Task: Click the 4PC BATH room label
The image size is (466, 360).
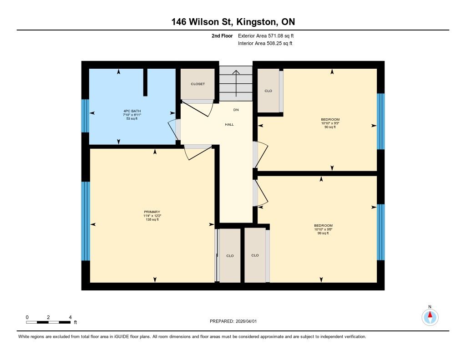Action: click(132, 111)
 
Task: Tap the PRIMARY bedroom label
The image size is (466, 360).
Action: click(152, 212)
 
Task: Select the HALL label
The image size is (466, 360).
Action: click(229, 125)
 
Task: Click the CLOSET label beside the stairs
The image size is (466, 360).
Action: click(198, 84)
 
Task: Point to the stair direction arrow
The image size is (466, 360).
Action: click(236, 84)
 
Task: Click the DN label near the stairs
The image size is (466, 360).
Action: click(236, 110)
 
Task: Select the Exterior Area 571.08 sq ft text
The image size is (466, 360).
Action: click(266, 36)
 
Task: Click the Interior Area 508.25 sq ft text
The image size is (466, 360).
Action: click(265, 43)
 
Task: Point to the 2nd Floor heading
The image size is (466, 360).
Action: click(222, 36)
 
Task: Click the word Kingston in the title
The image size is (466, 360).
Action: click(256, 22)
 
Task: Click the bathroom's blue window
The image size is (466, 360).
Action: click(85, 116)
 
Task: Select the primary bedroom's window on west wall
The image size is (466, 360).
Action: click(86, 221)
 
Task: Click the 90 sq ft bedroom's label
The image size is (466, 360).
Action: click(330, 120)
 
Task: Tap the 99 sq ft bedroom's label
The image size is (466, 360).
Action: click(323, 226)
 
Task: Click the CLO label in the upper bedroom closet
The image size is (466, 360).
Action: click(268, 91)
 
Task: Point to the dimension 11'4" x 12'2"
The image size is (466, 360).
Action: click(152, 216)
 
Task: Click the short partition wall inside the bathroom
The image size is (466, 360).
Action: click(145, 82)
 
